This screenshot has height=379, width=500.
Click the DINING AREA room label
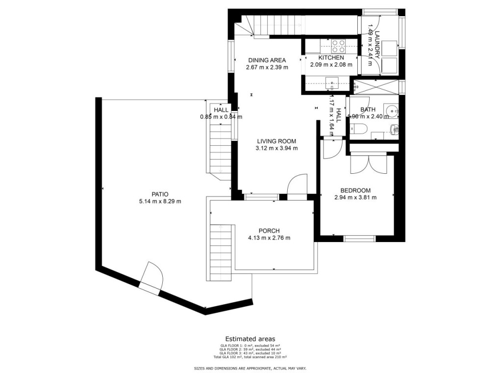[x=267, y=60]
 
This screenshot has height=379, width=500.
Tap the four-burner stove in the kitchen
[x=338, y=46]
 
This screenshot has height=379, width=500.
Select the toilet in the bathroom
[x=359, y=129]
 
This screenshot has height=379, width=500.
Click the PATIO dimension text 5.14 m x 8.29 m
[x=160, y=201]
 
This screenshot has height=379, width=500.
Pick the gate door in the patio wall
[x=151, y=278]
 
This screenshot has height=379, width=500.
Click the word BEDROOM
[x=355, y=190]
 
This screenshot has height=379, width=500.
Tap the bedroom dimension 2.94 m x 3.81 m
[x=355, y=198]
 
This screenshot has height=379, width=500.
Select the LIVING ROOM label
[x=276, y=141]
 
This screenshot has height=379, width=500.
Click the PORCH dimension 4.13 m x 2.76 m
[x=269, y=238]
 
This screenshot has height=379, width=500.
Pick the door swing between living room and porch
[x=298, y=186]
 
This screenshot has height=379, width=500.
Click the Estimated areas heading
[x=250, y=339]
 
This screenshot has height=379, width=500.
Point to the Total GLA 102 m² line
[x=250, y=357]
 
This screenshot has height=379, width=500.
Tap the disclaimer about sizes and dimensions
[x=250, y=368]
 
